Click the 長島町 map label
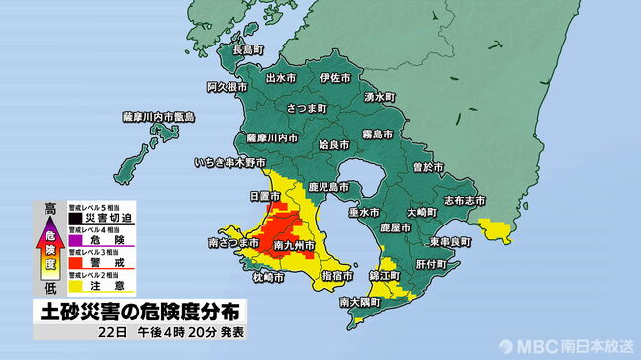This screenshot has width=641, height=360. point(248,49)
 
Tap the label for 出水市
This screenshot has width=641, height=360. point(284,77)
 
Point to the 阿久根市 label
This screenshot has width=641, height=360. point(226,88)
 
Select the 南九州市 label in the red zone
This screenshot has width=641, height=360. point(294,243)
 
